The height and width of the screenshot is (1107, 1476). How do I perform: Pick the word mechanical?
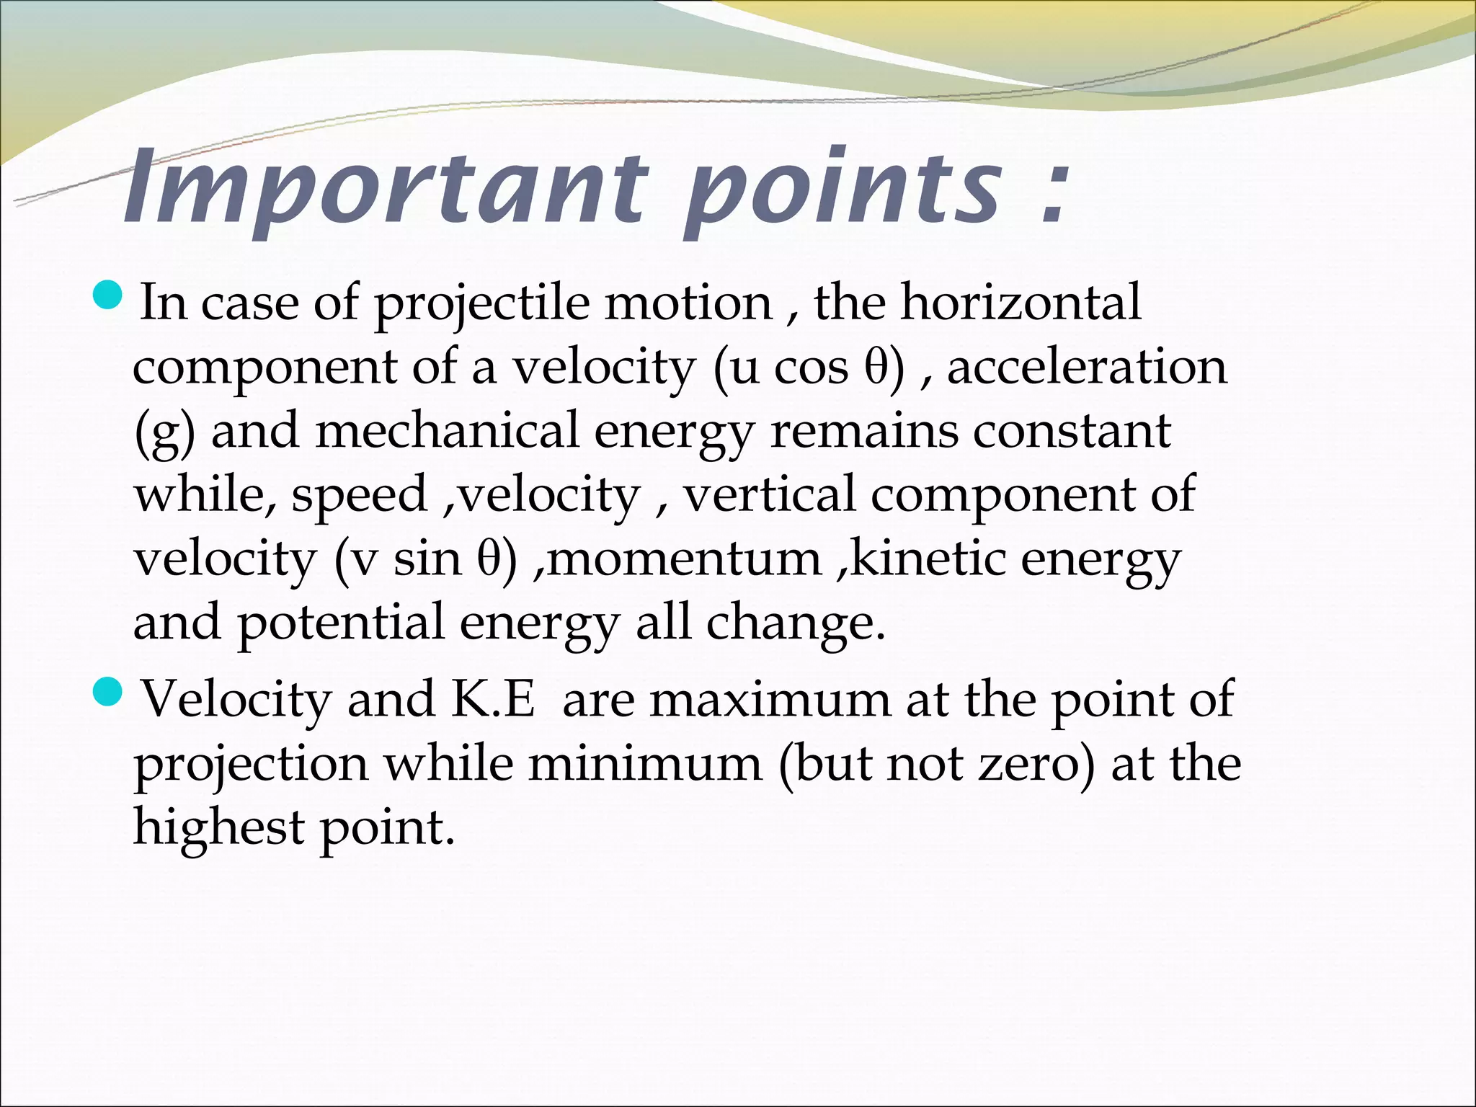point(447,430)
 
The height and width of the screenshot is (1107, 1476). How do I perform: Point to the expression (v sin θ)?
point(425,559)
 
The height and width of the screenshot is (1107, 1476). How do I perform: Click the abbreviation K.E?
point(493,699)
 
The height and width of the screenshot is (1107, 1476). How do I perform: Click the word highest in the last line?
point(219,827)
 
